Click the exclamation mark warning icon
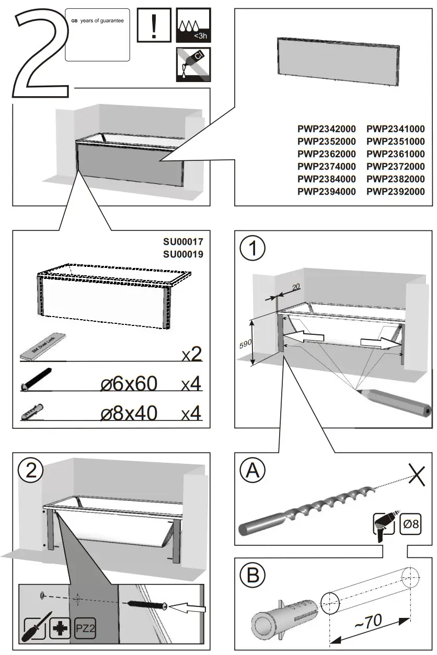153,25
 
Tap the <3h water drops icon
193,25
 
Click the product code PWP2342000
327,129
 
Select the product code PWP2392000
396,192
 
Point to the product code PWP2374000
327,167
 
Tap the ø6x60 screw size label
129,384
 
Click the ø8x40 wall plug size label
129,413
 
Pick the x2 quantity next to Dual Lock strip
191,355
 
